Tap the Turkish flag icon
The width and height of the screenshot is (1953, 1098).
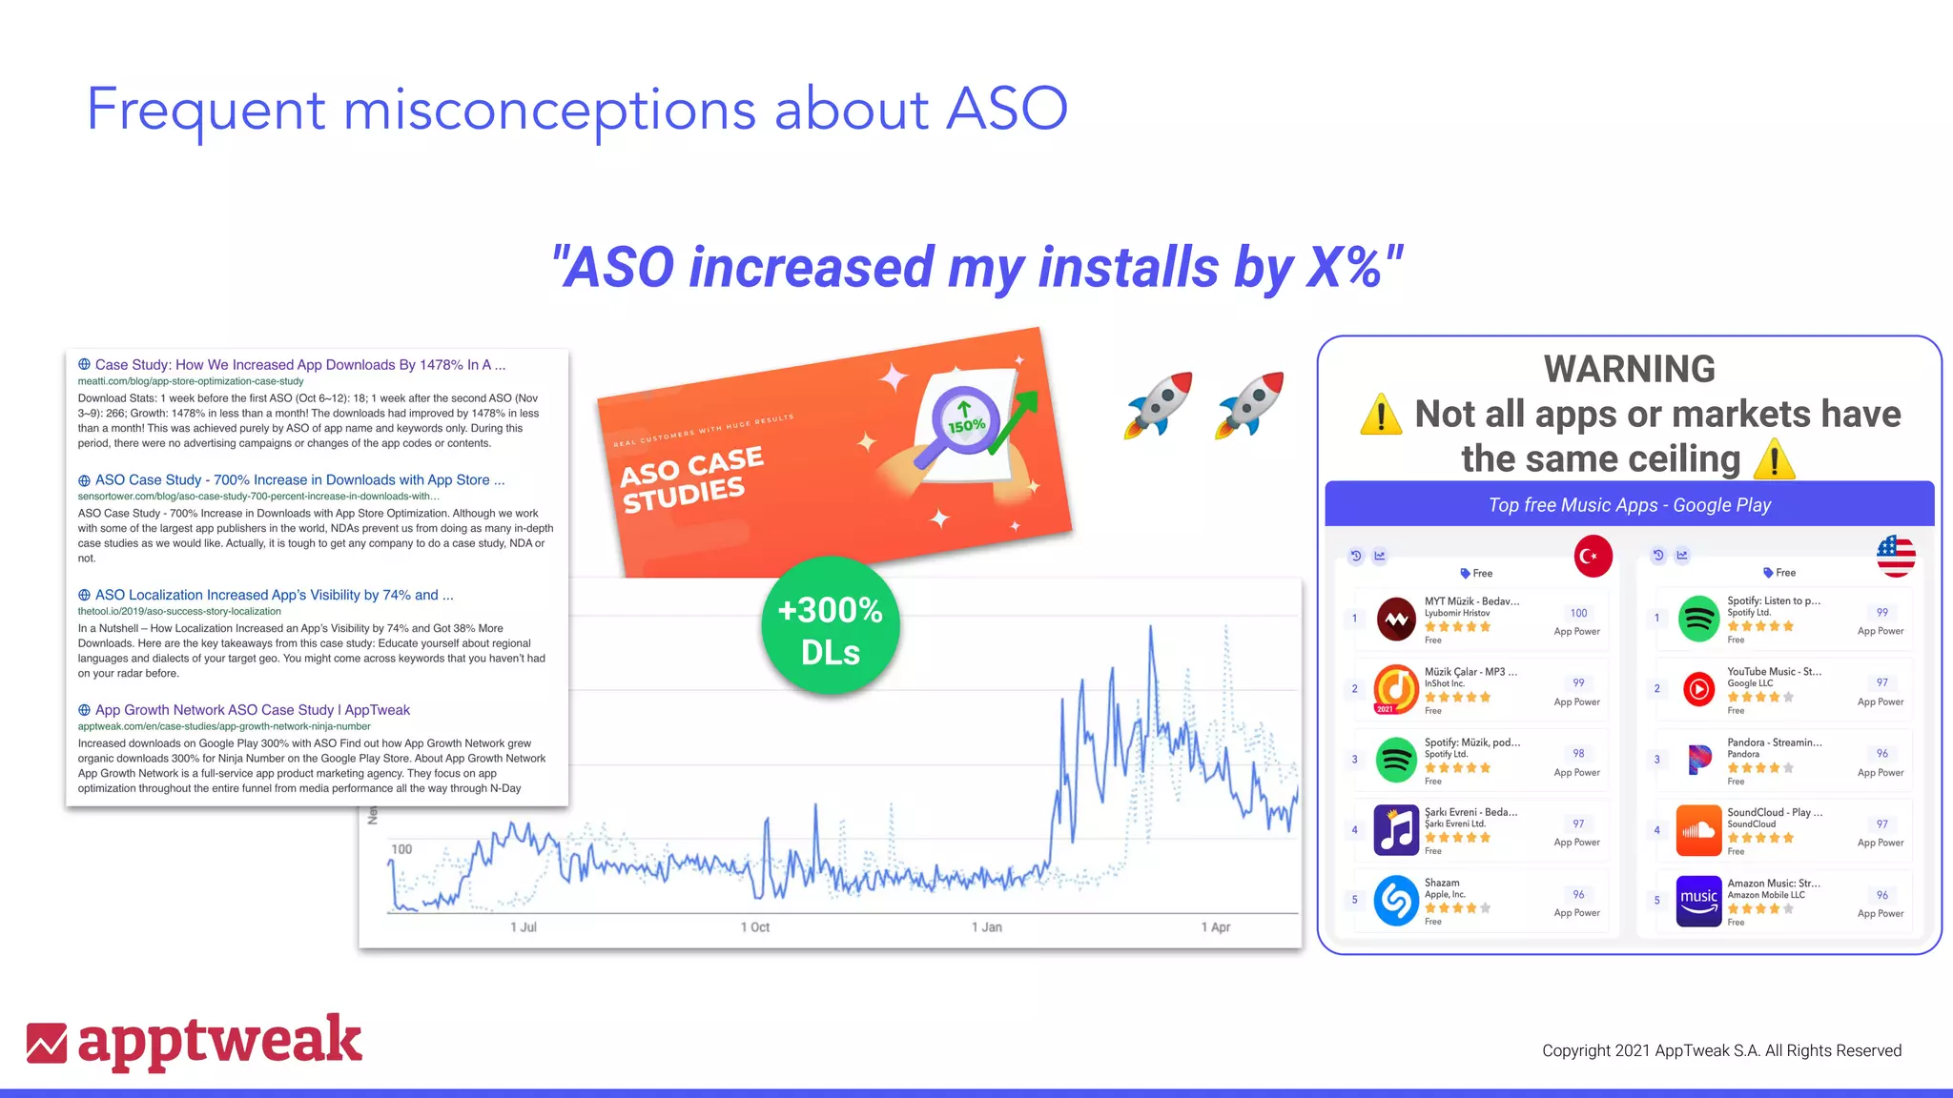(1593, 557)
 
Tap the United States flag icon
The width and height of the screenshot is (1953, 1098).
(1896, 556)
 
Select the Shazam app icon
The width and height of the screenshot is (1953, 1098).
(1396, 900)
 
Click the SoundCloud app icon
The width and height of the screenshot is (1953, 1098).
(1698, 829)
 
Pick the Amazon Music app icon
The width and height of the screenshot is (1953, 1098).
(1698, 901)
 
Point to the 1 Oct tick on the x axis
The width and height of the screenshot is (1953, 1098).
(754, 926)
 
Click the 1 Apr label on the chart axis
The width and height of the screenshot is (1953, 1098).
(1215, 926)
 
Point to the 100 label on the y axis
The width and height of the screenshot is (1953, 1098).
(401, 849)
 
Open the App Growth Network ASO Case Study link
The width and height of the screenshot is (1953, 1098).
(252, 710)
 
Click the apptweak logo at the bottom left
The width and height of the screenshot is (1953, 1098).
(195, 1041)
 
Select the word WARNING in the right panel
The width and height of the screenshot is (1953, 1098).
(1629, 370)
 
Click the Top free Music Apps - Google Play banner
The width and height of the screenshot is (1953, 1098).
(1629, 505)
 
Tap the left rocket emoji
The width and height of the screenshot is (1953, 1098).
(1158, 404)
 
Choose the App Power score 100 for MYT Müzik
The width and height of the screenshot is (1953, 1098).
(1578, 613)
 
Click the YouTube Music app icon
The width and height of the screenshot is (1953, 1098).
(1698, 688)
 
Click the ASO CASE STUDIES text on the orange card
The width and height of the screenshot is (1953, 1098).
(692, 479)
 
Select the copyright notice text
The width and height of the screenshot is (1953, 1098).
(1721, 1050)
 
